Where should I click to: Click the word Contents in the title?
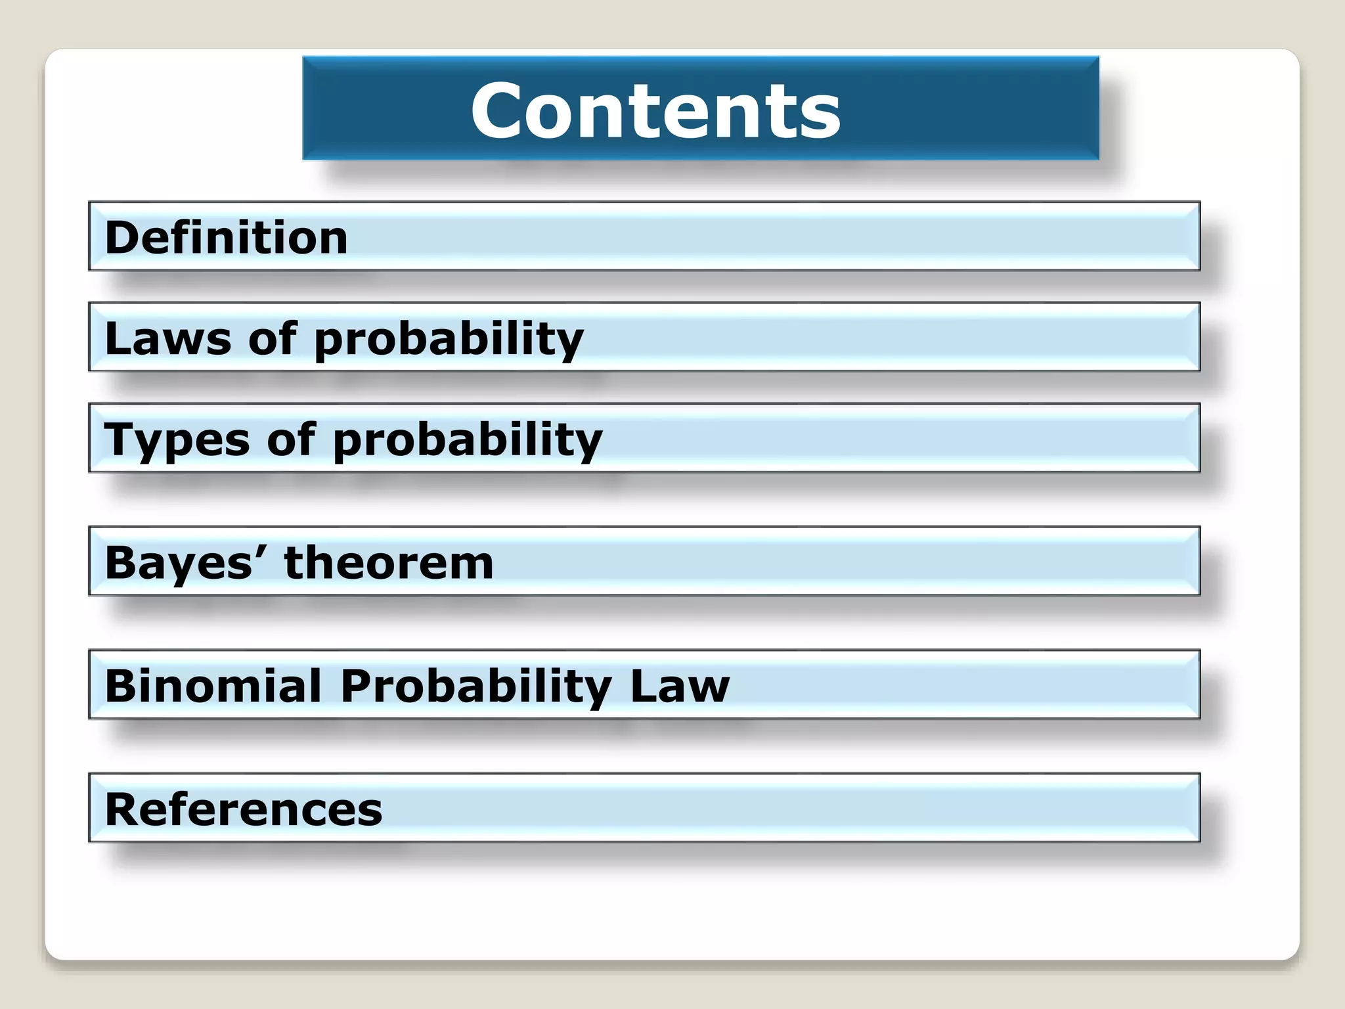point(655,110)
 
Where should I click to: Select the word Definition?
point(226,237)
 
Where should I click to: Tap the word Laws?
point(168,338)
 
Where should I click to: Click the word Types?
point(177,439)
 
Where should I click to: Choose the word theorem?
point(388,563)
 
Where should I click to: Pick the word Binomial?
point(213,686)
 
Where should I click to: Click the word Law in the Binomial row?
point(680,686)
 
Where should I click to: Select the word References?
point(244,809)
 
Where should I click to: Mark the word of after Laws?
point(273,338)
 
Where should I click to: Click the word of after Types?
point(291,439)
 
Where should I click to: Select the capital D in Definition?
point(121,237)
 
